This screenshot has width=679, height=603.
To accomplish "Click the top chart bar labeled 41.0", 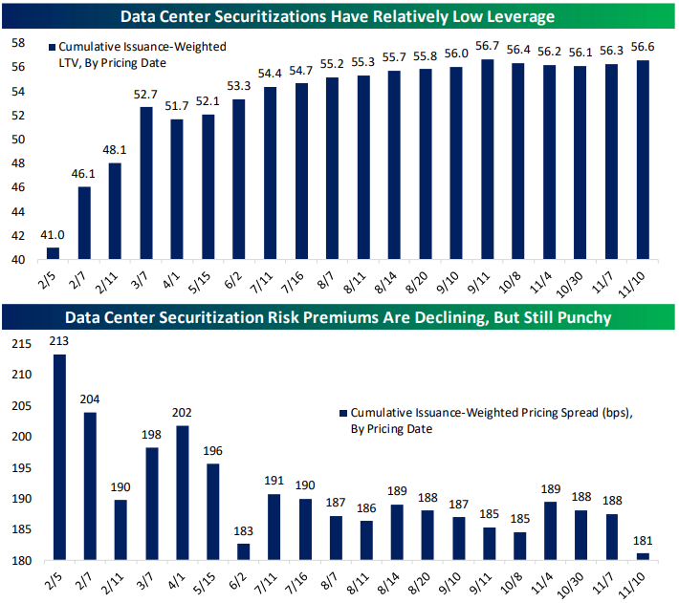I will [x=54, y=253].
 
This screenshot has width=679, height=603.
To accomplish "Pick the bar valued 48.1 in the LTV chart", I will [x=115, y=210].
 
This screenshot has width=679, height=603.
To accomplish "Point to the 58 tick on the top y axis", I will [x=17, y=43].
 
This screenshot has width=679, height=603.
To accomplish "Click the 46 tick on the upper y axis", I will [x=17, y=187].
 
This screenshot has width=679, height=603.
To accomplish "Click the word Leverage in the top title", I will [x=517, y=15].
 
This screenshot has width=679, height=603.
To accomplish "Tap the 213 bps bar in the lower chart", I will [x=60, y=457].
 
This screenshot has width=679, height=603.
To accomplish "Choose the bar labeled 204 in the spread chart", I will [x=90, y=485].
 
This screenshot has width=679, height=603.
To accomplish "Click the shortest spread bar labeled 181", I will [x=642, y=557].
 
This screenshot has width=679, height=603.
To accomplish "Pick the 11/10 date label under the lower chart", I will [x=637, y=578].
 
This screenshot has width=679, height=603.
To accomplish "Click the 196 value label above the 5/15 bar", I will [x=213, y=452].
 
